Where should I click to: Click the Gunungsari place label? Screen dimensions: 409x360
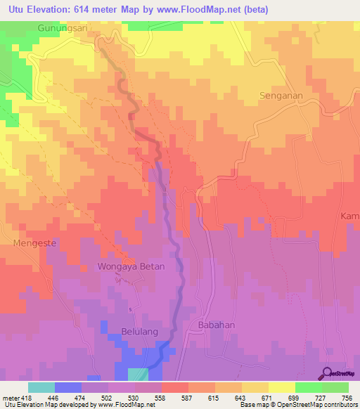[63, 29]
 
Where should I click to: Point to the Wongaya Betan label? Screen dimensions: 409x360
[130, 267]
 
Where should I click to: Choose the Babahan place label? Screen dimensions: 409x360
[216, 325]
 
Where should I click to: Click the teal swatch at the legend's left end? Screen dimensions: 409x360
[41, 387]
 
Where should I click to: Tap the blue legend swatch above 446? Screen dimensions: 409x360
[67, 387]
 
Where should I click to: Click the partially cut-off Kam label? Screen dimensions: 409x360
[350, 216]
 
